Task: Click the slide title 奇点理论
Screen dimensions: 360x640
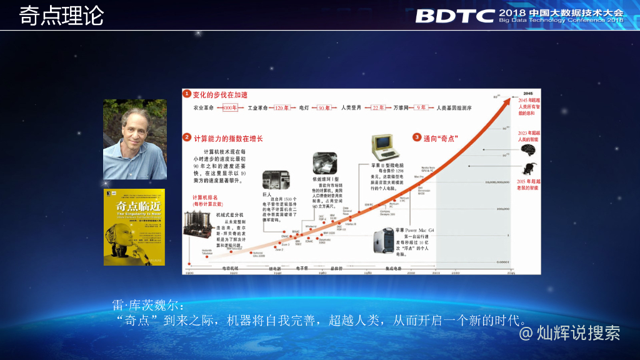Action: pos(61,16)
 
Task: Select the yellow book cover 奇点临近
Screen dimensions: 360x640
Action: pos(134,227)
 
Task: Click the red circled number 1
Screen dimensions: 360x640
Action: pos(186,94)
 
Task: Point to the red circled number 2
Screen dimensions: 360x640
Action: pos(186,137)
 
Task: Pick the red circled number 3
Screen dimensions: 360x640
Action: pos(417,137)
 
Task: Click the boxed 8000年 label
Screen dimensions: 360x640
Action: pos(230,108)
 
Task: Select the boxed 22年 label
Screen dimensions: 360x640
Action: pos(378,108)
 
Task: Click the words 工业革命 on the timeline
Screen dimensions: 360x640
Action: pos(258,108)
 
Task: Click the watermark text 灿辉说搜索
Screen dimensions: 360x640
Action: pos(577,333)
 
